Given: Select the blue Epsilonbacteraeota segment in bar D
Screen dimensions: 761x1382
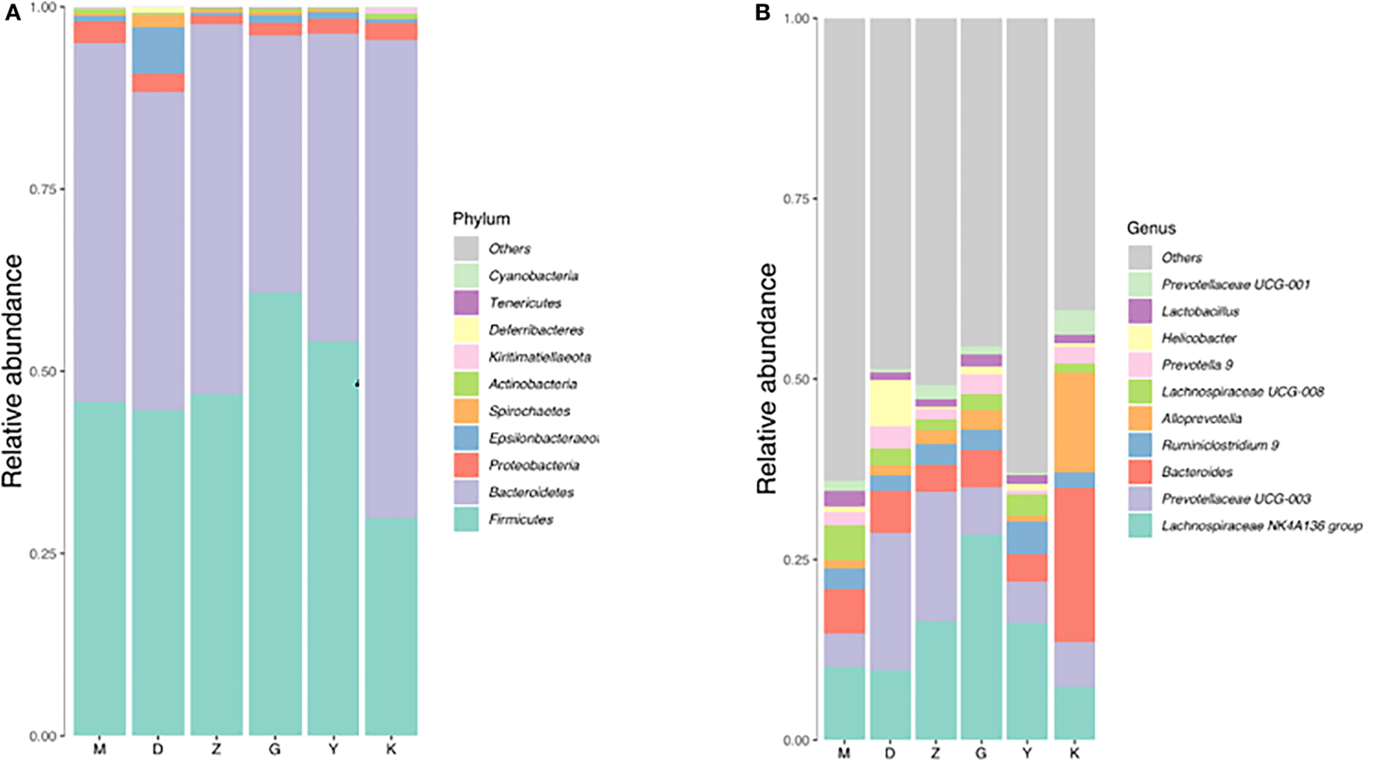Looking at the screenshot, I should click(x=158, y=50).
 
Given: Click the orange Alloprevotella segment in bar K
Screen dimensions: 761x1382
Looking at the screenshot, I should click(x=1074, y=422).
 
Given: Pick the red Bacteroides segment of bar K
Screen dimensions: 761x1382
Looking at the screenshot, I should click(x=1074, y=564).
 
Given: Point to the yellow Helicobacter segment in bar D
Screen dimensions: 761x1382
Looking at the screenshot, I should click(x=890, y=403).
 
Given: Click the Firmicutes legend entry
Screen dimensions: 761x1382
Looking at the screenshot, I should click(x=520, y=519).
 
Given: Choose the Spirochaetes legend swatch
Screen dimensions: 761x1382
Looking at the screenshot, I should click(x=466, y=411).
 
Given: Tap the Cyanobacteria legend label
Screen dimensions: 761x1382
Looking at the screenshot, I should click(x=533, y=276).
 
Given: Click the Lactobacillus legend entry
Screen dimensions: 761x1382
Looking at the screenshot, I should click(x=1200, y=312).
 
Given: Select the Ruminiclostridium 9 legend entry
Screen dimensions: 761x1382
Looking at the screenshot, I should click(x=1220, y=445).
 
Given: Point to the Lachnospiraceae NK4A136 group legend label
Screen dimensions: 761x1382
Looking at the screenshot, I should click(x=1262, y=526).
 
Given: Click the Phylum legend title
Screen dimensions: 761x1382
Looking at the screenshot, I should click(x=481, y=219).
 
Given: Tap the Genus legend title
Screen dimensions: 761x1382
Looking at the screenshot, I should click(x=1151, y=228).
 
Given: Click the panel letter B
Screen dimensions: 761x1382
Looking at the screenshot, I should click(x=762, y=12).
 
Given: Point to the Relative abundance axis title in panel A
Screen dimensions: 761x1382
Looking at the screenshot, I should click(x=13, y=371).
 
